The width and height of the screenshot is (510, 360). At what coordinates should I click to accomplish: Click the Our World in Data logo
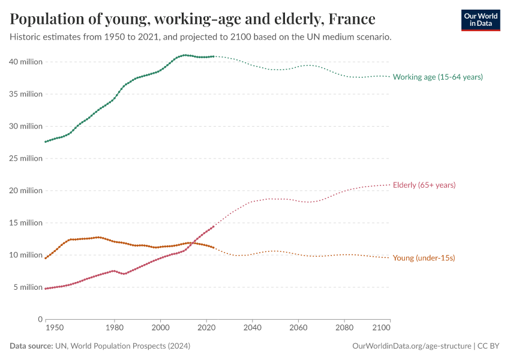click(x=480, y=20)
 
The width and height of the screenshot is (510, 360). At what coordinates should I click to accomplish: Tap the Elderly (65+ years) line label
click(x=424, y=185)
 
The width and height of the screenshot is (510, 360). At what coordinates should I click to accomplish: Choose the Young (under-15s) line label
click(x=424, y=258)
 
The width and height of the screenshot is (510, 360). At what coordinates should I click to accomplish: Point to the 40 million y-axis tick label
click(x=25, y=62)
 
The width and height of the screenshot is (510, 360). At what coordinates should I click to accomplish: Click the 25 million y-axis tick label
click(x=25, y=158)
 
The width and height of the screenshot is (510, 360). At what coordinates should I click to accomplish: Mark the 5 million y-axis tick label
click(x=27, y=287)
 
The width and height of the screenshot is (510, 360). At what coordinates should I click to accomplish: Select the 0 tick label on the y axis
click(x=40, y=319)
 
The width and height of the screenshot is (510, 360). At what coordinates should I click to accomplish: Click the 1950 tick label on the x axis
click(x=54, y=328)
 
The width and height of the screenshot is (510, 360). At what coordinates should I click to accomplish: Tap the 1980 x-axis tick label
click(x=115, y=328)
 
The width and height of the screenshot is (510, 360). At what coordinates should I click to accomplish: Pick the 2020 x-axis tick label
click(x=206, y=328)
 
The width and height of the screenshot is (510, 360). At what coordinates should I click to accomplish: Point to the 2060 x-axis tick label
click(x=298, y=328)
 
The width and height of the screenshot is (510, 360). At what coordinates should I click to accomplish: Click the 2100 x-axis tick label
click(x=381, y=328)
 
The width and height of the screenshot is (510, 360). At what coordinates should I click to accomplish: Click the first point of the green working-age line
click(x=46, y=142)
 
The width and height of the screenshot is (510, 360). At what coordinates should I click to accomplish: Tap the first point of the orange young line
click(x=46, y=258)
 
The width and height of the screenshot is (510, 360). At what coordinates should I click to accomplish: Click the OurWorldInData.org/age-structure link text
click(x=412, y=346)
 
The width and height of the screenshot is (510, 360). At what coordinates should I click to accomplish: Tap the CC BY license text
click(x=489, y=346)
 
